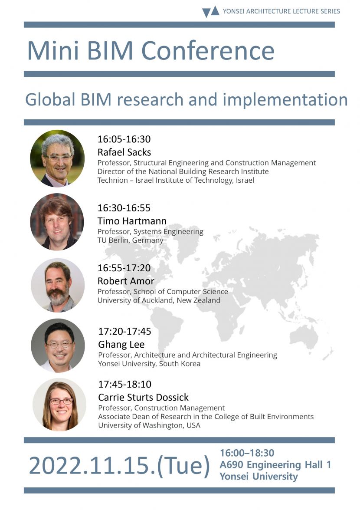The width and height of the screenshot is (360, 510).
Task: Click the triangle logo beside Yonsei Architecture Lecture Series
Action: [x=211, y=11]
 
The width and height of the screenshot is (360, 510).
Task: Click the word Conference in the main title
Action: [x=208, y=51]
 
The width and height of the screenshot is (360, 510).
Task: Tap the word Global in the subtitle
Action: [x=51, y=99]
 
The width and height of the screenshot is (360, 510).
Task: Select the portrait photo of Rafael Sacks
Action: [x=57, y=158]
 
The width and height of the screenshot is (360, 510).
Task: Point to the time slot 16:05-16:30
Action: [x=124, y=139]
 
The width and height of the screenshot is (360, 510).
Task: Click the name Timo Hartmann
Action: [x=132, y=221]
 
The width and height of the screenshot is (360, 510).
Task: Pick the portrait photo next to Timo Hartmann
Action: [x=57, y=221]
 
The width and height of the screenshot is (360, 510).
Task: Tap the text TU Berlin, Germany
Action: [x=130, y=240]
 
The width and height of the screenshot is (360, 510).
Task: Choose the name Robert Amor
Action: [x=126, y=281]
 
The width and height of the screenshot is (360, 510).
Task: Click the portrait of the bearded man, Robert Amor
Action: [x=57, y=285]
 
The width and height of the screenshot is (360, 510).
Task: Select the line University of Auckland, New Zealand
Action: [x=159, y=300]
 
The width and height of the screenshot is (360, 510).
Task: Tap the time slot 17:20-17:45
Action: [x=124, y=332]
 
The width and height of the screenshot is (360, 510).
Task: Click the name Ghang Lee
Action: [x=121, y=345]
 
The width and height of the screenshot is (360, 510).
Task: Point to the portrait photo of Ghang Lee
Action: [x=58, y=345]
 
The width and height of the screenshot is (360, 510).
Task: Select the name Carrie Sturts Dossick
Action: [x=143, y=397]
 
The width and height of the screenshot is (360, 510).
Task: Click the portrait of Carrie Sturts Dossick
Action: [x=59, y=405]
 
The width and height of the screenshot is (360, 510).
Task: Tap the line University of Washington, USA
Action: [x=149, y=425]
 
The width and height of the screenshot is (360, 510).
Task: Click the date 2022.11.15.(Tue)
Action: [x=119, y=465]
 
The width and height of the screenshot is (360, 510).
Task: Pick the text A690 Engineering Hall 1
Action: [x=275, y=465]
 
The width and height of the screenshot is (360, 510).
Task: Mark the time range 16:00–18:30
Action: [x=247, y=453]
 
